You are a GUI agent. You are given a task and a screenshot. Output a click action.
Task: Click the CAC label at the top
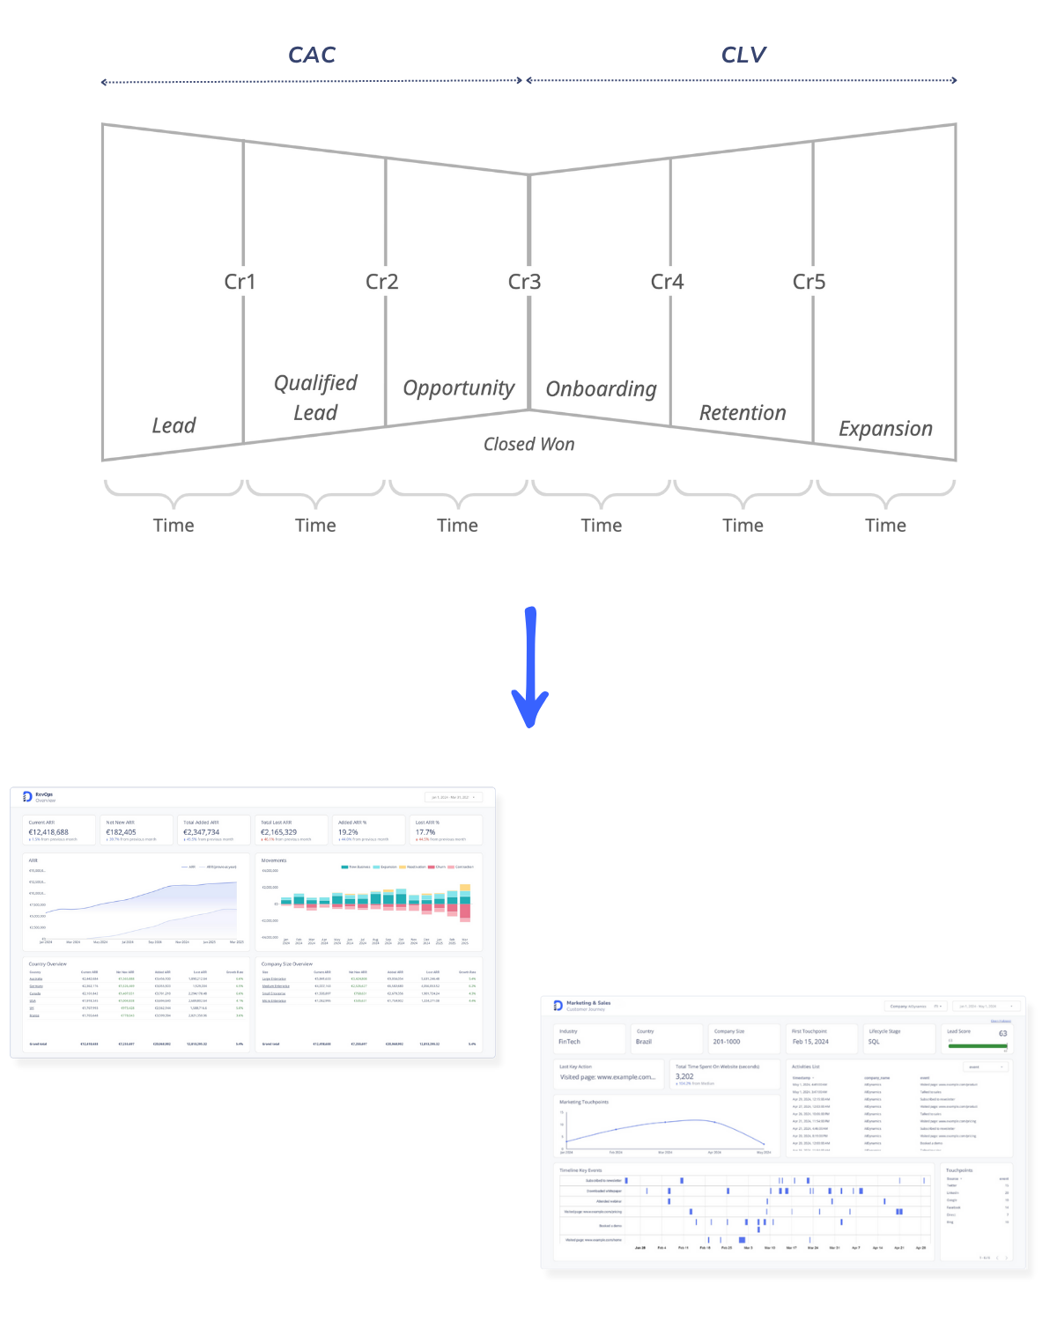(x=312, y=55)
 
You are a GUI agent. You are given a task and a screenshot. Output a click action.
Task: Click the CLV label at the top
(x=743, y=55)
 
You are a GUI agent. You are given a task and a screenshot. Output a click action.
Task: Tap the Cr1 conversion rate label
(x=240, y=282)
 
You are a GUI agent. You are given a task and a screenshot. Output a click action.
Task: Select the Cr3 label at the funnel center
(x=524, y=282)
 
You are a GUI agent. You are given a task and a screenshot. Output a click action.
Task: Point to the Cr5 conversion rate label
(x=809, y=282)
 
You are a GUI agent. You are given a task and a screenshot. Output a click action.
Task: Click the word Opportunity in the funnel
(x=458, y=388)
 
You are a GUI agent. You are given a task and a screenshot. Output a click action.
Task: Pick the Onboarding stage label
(x=602, y=389)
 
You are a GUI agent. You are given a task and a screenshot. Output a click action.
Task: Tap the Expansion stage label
(x=885, y=429)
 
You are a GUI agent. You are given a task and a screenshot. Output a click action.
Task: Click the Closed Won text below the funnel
(x=528, y=444)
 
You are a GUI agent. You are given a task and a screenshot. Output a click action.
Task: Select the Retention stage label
(x=743, y=413)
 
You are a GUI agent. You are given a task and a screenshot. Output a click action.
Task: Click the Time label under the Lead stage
(x=174, y=526)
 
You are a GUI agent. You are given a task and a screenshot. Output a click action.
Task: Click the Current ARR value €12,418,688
(x=48, y=832)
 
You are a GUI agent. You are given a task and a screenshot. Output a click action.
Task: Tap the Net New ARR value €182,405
(x=122, y=832)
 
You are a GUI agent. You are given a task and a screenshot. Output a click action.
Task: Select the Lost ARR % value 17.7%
(x=425, y=832)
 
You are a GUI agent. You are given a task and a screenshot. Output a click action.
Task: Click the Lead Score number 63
(x=1002, y=1034)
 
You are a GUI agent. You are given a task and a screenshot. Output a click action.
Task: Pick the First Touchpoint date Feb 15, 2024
(x=810, y=1042)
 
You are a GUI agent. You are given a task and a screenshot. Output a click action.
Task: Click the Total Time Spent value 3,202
(x=684, y=1076)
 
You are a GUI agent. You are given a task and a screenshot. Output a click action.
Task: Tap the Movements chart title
(x=274, y=860)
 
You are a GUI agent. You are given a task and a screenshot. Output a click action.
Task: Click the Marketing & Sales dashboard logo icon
(x=558, y=1005)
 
